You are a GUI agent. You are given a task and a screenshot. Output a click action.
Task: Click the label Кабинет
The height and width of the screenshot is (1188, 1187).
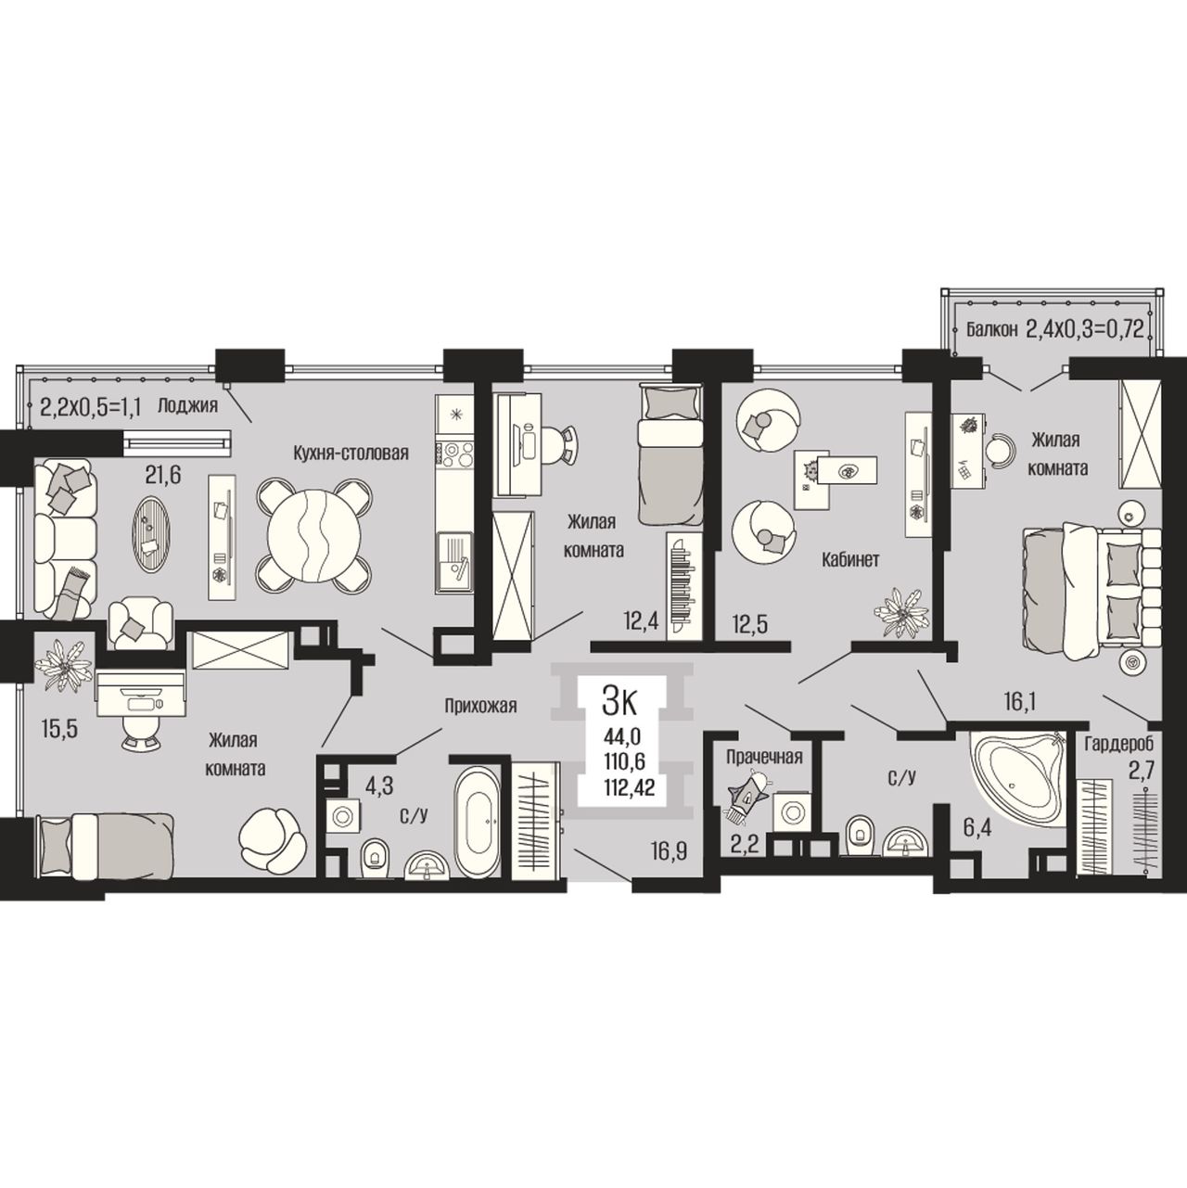click(849, 560)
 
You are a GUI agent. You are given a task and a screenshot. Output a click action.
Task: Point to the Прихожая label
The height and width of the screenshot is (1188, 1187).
click(481, 705)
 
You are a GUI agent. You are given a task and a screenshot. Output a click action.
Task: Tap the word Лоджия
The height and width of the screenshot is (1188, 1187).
click(188, 405)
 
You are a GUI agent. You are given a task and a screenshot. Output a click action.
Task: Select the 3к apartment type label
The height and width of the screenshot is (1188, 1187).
click(619, 703)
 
